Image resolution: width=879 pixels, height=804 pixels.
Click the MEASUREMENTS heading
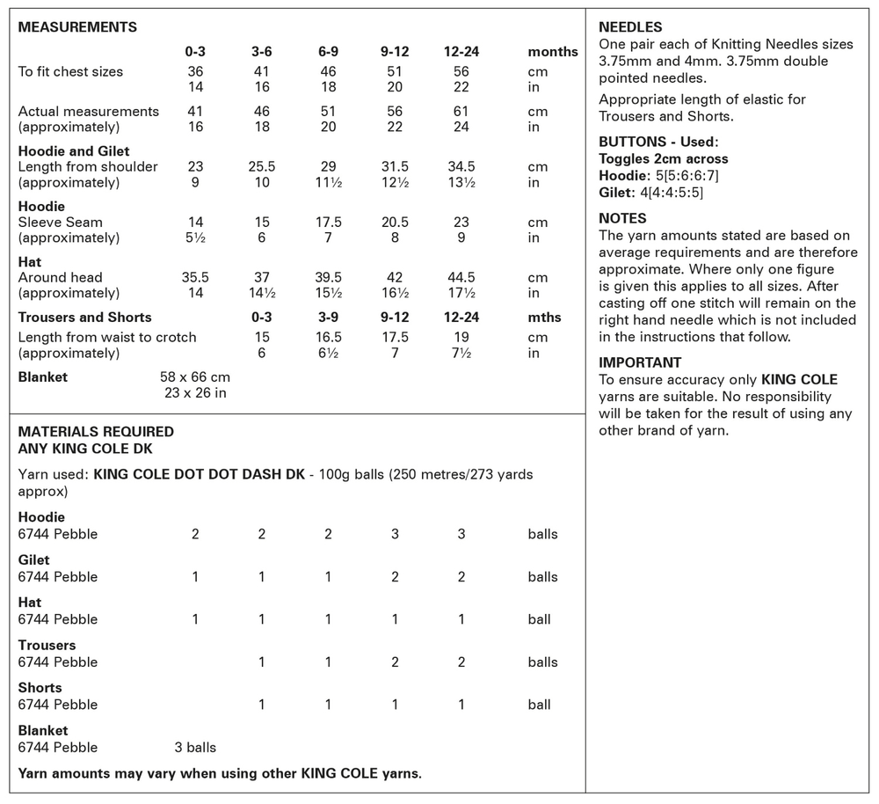pos(77,27)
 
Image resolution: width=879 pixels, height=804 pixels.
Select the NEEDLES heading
pos(630,27)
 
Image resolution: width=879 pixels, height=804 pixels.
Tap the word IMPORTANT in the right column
pos(640,362)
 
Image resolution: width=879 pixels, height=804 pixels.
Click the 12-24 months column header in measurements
pos(461,52)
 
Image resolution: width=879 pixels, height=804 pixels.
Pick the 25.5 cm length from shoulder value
pos(262,167)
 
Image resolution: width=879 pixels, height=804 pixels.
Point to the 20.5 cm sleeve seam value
pos(395,223)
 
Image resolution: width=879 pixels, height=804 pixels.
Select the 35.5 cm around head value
pos(195,278)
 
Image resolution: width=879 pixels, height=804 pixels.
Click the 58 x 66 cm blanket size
pos(195,376)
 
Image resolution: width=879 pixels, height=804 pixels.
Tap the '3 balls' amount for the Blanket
pos(195,748)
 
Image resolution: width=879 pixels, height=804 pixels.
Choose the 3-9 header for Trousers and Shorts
pos(328,318)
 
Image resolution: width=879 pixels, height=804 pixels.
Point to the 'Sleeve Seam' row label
pos(61,223)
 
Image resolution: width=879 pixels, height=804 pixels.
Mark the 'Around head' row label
pos(60,278)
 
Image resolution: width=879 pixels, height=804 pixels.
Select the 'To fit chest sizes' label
pos(70,72)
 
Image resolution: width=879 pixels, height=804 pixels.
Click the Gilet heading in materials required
pos(34,559)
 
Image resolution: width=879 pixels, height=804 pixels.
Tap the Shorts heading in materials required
pos(40,688)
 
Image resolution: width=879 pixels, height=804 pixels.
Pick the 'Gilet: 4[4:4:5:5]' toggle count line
pos(651,193)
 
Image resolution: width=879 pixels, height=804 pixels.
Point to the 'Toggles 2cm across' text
pos(664,159)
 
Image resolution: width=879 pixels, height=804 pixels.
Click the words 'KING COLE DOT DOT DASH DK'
pos(198,475)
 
